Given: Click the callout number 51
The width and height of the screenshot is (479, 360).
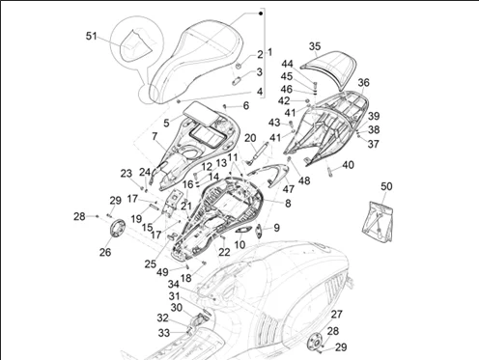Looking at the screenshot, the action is coord(92,36).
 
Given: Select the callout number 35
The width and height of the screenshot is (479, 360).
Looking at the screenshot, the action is coord(315,46).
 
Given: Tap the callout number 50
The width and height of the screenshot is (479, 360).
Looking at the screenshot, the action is coord(386,186).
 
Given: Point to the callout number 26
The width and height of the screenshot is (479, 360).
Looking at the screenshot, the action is coord(105,252).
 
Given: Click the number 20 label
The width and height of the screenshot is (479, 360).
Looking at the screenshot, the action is coord(250,138).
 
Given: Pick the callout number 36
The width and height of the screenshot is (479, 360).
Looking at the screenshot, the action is coord(364,83).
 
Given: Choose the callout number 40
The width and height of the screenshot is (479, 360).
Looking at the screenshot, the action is coord(348,165).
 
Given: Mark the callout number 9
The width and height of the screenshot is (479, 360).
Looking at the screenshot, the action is coord(276,228).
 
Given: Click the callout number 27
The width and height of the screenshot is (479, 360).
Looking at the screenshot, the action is coord(337,315).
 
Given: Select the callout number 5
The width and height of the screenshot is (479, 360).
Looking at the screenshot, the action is coord(166,123).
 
